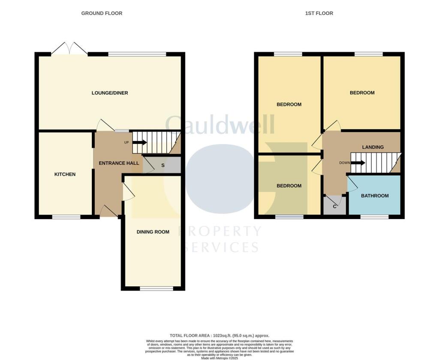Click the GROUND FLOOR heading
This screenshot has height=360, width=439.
pos(102,13)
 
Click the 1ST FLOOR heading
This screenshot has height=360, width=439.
pos(319,13)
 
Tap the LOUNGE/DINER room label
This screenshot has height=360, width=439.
pos(110,93)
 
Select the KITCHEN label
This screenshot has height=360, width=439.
pos(65,174)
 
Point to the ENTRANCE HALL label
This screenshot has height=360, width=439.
pos(119,163)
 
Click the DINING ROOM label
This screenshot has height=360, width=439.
pos(153,232)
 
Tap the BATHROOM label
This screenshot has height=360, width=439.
pos(375,196)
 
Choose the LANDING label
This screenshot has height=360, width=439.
pos(373,147)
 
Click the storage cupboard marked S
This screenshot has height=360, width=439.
pos(162,165)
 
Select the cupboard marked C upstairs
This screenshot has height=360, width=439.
pos(335,207)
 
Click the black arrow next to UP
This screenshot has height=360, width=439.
pos(140,143)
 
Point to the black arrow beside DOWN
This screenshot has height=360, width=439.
pos(358,163)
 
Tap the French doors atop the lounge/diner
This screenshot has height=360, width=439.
pos(69,49)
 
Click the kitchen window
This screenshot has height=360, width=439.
pos(66,217)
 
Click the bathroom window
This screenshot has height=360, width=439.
pos(374,217)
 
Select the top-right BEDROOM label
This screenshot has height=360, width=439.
pos(362,93)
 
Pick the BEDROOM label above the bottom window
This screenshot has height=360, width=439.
pos(289,186)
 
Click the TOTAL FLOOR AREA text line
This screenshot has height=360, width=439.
pos(219,336)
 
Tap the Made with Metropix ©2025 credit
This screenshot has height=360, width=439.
pos(219,358)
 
